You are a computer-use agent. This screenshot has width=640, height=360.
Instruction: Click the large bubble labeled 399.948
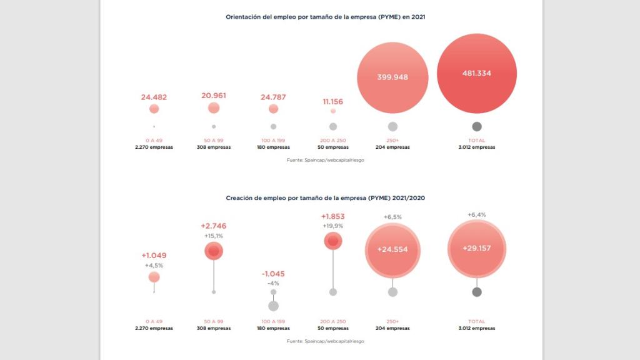(392, 77)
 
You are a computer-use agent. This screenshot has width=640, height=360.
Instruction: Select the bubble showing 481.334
(476, 73)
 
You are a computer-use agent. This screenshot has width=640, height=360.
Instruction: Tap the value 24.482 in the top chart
(154, 97)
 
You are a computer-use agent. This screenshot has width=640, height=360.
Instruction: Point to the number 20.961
(214, 96)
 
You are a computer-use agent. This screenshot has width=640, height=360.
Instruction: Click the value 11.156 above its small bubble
(333, 101)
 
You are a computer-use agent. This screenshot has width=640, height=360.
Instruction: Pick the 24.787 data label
(273, 97)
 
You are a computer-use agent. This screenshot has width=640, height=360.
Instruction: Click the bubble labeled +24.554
(392, 249)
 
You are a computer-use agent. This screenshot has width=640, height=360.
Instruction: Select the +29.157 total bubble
(476, 248)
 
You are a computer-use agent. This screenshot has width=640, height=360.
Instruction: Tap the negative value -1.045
(273, 274)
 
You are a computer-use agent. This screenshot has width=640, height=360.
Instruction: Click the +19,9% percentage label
(333, 226)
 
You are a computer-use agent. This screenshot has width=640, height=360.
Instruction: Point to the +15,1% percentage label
(214, 236)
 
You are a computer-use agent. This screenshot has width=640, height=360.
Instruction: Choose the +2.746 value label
(214, 226)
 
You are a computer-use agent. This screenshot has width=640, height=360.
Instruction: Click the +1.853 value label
(333, 216)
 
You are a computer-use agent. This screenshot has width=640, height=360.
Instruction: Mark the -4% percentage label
(273, 283)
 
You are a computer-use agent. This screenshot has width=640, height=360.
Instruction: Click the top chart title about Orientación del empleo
(326, 17)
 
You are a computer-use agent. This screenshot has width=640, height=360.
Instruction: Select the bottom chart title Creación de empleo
(326, 197)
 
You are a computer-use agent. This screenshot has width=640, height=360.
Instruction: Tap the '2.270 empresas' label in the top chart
(154, 147)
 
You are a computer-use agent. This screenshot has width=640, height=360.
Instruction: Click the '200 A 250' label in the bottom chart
(333, 321)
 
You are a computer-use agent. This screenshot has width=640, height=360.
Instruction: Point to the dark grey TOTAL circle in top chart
(476, 126)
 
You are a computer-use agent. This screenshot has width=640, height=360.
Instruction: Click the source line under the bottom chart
(326, 341)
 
